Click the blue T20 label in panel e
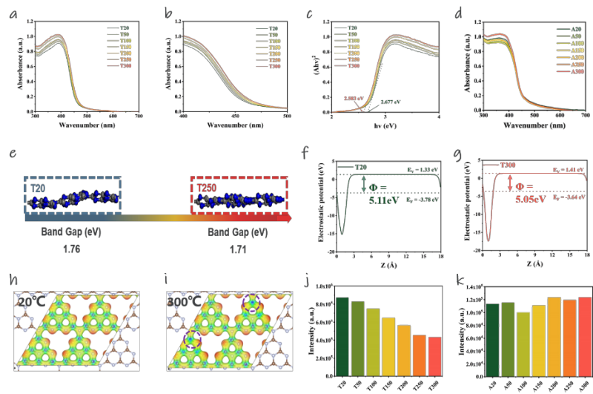(x=38, y=188)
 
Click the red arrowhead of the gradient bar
(x=286, y=219)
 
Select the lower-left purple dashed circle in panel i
(x=192, y=341)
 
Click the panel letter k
(x=460, y=280)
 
